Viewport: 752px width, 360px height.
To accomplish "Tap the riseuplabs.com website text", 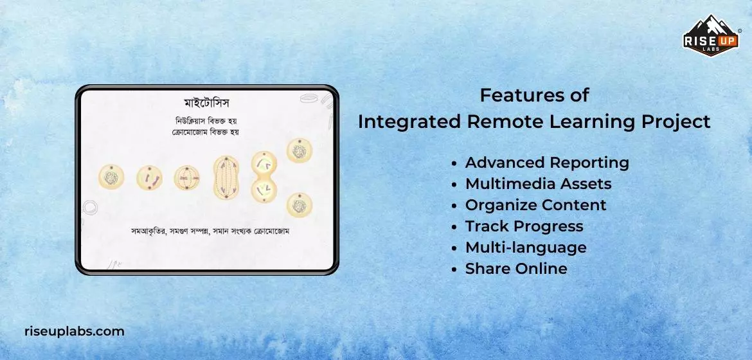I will pyautogui.click(x=75, y=332).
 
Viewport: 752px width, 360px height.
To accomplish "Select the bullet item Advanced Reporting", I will pyautogui.click(x=546, y=163).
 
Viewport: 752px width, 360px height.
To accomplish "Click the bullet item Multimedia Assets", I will pyautogui.click(x=538, y=184).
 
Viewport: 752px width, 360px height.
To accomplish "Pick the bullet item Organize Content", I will pyautogui.click(x=535, y=205).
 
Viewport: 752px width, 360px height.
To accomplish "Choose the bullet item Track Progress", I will pyautogui.click(x=524, y=226).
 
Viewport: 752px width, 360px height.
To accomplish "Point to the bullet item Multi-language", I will pyautogui.click(x=525, y=248).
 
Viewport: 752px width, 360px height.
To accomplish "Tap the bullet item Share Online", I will pyautogui.click(x=515, y=269).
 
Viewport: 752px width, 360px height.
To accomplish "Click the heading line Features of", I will pyautogui.click(x=534, y=95).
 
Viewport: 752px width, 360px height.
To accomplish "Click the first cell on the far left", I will pyautogui.click(x=111, y=177).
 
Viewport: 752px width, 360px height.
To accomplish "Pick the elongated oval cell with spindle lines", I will pyautogui.click(x=226, y=177).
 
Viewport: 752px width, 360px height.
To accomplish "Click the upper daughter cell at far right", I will pyautogui.click(x=299, y=151).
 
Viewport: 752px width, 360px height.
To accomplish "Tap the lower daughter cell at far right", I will pyautogui.click(x=299, y=206).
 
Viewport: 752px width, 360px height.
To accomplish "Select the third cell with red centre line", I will pyautogui.click(x=187, y=178).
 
